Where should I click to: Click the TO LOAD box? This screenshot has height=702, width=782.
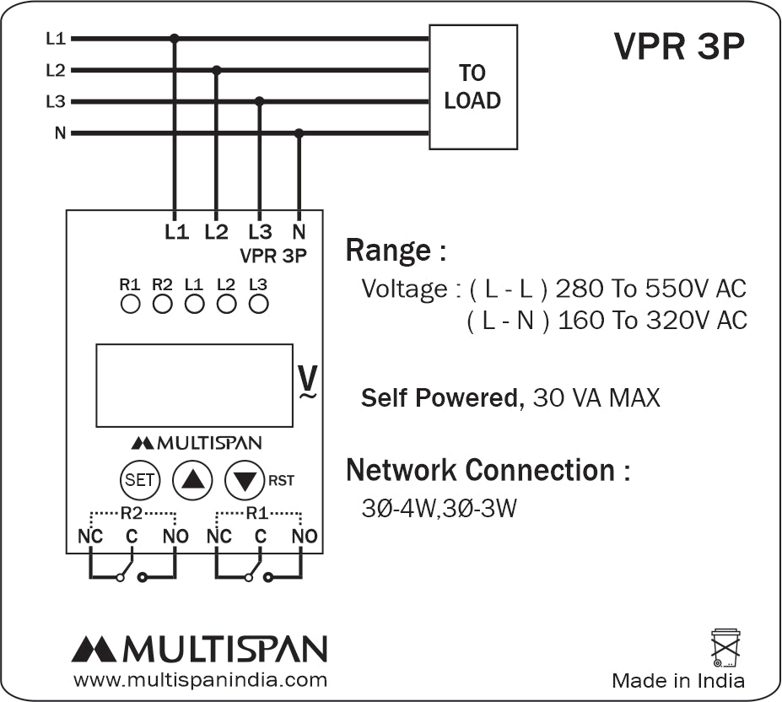(472, 87)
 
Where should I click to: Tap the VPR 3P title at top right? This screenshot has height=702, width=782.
(679, 48)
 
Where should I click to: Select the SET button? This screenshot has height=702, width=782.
(140, 480)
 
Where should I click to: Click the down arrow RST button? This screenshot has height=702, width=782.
(245, 480)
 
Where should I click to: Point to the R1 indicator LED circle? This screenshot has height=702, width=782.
(130, 304)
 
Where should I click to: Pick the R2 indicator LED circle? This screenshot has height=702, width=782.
(162, 304)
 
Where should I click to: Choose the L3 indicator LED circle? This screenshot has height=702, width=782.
(258, 304)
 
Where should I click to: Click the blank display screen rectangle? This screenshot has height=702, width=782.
(194, 385)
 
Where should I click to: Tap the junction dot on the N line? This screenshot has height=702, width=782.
(299, 132)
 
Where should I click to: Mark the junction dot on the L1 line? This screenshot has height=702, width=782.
(175, 38)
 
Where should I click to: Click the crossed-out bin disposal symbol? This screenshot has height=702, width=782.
(725, 647)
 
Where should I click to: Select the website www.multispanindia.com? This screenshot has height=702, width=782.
(200, 679)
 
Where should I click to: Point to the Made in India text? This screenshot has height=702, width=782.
(678, 680)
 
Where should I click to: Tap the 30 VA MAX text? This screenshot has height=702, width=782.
(596, 397)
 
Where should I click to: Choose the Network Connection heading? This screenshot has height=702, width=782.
(488, 469)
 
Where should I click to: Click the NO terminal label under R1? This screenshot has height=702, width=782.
(304, 537)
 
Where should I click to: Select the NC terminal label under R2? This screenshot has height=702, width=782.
(90, 537)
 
